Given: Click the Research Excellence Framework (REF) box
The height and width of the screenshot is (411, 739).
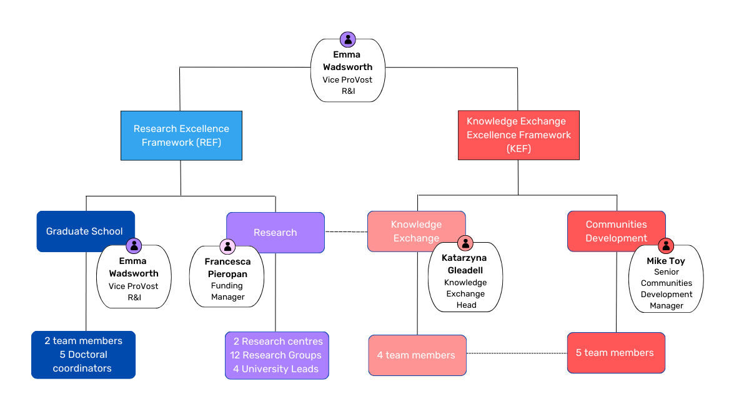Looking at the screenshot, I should pos(181,136).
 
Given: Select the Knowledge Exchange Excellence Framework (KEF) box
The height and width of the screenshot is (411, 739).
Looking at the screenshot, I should pos(518,135).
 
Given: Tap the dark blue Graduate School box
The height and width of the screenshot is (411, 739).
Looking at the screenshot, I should pos(75,231).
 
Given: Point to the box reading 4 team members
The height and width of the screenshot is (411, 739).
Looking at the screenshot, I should pos(417,355).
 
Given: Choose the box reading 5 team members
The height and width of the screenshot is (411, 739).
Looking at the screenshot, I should pos(615,353).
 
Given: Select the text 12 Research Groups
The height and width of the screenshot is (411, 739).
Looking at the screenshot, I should pos(275,355).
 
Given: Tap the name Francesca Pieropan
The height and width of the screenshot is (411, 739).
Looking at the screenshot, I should pos(227,268).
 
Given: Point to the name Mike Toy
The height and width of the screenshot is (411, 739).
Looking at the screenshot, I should pos(666,261).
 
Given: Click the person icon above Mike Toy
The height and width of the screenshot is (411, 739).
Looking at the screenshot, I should pos(666,246).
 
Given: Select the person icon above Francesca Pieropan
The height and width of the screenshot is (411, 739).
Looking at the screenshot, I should pos(227,246).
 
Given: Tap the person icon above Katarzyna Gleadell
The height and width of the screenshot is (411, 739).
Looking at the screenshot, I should pos(465,243).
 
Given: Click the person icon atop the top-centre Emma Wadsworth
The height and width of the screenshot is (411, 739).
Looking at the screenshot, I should pos(348,39).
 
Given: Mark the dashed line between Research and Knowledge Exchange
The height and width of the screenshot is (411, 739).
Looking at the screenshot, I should pos(346,231).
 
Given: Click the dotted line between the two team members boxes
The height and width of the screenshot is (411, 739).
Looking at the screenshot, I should pos(517,353).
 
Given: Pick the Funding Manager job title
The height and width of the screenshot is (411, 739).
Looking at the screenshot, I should pos(227,291).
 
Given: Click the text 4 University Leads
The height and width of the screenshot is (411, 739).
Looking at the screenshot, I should pos(275,369).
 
